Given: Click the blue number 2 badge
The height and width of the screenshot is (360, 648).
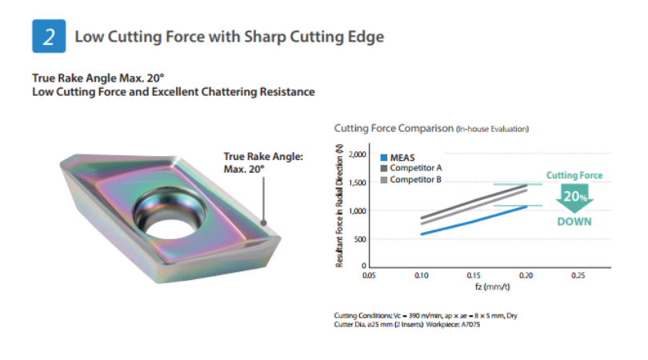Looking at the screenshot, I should tap(48, 38).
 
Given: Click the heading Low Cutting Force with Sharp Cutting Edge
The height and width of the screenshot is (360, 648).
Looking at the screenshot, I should tap(229, 38).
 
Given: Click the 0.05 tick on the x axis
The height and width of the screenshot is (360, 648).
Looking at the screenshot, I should tap(369, 275).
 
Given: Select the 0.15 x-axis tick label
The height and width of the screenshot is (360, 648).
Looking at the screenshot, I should tap(474, 275).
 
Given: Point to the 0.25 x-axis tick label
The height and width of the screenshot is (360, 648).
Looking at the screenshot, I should tap(578, 275).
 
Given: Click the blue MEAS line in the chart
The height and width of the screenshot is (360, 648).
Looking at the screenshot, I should tap(474, 220).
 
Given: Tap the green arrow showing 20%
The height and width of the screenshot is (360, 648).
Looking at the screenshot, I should tap(574, 197).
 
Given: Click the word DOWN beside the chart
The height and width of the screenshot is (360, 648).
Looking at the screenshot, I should tap(574, 222).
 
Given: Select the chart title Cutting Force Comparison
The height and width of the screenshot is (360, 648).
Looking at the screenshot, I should tap(392, 128).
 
